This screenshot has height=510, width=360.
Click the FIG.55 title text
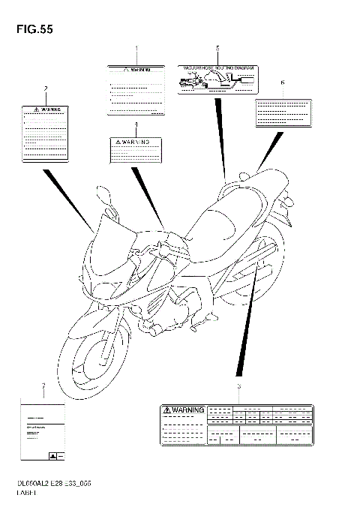point(30,29)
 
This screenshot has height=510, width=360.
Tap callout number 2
point(46,90)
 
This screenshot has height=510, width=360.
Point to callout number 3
point(238,387)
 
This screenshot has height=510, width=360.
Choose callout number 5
point(217,49)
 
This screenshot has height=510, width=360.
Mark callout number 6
point(282,82)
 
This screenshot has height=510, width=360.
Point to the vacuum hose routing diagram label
point(217,78)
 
